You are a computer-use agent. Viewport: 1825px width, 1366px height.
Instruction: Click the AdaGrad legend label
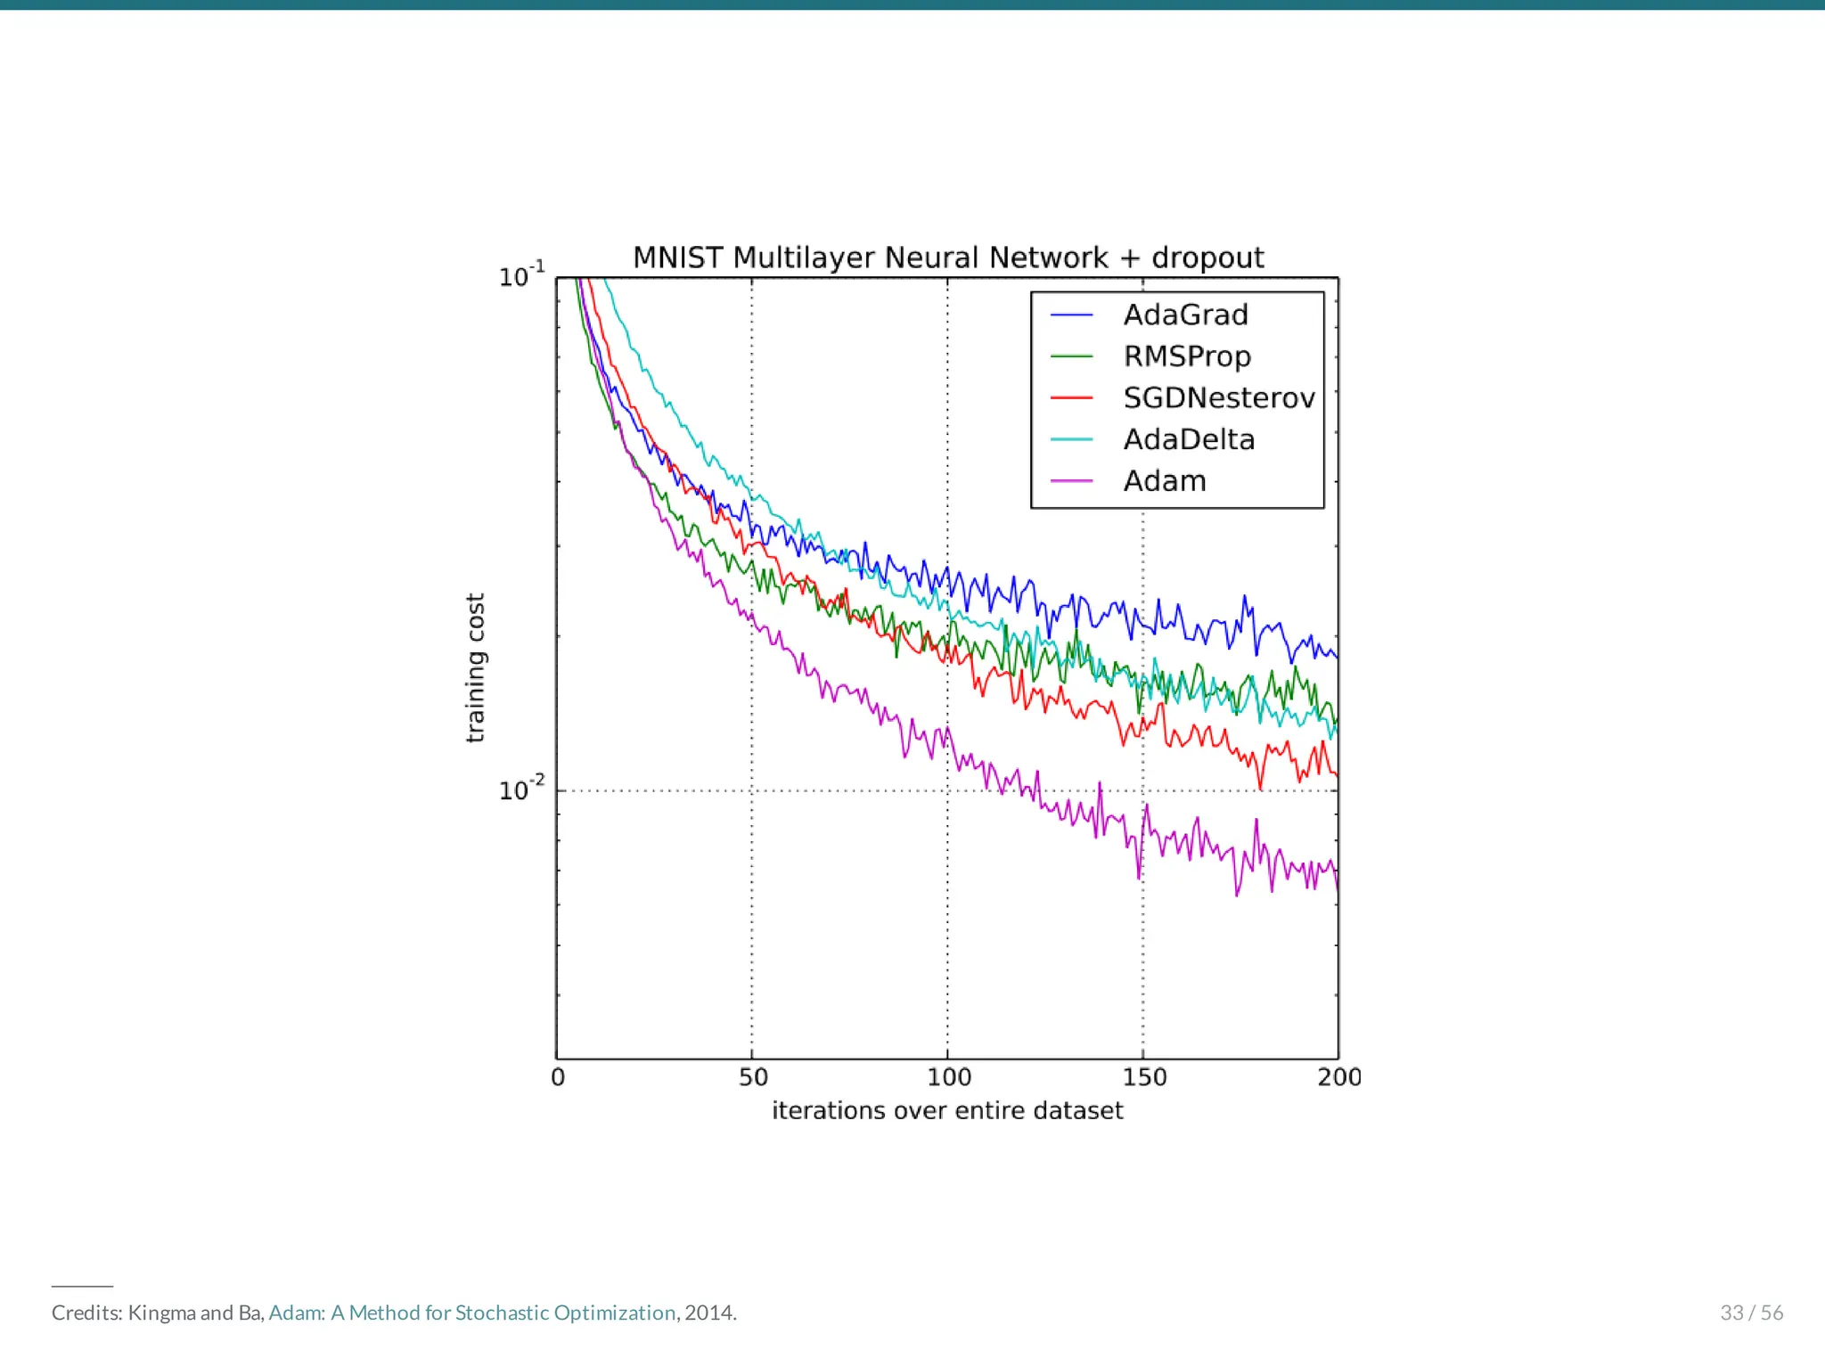1185,315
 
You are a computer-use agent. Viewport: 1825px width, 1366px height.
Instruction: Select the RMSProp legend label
1187,356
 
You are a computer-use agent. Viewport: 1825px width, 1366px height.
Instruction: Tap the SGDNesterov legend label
1218,398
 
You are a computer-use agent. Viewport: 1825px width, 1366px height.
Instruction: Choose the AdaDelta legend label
1189,439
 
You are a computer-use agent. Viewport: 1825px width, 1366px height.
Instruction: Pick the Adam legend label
1164,481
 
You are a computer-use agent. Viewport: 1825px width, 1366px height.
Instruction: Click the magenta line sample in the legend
1071,481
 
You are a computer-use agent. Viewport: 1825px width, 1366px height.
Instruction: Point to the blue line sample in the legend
1071,315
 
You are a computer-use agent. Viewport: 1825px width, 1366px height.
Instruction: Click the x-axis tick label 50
753,1077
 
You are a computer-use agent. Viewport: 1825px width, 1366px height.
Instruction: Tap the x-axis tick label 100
948,1077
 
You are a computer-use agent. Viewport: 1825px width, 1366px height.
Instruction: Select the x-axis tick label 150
1144,1077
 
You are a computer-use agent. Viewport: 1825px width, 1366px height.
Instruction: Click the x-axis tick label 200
1339,1077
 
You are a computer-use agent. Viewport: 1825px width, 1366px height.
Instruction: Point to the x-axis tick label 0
558,1077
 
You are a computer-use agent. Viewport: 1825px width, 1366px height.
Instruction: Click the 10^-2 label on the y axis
521,789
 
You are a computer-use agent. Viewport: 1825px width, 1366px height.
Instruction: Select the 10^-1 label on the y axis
521,275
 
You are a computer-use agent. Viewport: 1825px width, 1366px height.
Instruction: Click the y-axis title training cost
475,667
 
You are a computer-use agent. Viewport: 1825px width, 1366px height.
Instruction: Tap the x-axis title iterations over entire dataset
947,1111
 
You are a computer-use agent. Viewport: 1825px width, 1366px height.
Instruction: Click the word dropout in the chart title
1207,258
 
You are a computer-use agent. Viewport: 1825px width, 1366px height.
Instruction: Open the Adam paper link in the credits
472,1313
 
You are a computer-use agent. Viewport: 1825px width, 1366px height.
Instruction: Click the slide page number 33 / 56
1751,1313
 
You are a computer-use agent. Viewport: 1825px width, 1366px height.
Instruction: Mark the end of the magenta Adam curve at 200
1337,886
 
